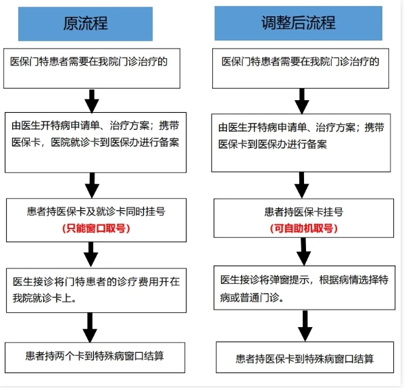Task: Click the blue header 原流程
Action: [85, 24]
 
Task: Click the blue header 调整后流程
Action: [299, 23]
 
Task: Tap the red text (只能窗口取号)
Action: [96, 228]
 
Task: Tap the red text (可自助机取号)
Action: [304, 228]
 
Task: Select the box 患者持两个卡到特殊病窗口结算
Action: [95, 358]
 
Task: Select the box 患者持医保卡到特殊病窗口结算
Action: [305, 358]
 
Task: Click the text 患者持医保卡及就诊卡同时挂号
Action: [96, 212]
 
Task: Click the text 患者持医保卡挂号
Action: [304, 212]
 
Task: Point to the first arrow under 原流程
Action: [92, 101]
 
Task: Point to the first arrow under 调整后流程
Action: [302, 101]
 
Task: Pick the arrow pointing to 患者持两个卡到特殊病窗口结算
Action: [90, 328]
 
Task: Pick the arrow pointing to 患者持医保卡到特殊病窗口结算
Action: [305, 326]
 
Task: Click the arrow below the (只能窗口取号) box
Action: [91, 254]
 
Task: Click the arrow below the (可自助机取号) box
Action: [304, 251]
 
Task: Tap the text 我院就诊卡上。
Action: [45, 298]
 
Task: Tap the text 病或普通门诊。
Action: [252, 298]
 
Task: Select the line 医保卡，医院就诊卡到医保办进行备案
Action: [95, 143]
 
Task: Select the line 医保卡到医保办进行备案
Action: [272, 144]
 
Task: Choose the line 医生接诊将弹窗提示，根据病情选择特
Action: [304, 280]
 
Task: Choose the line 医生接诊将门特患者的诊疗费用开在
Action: [97, 281]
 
